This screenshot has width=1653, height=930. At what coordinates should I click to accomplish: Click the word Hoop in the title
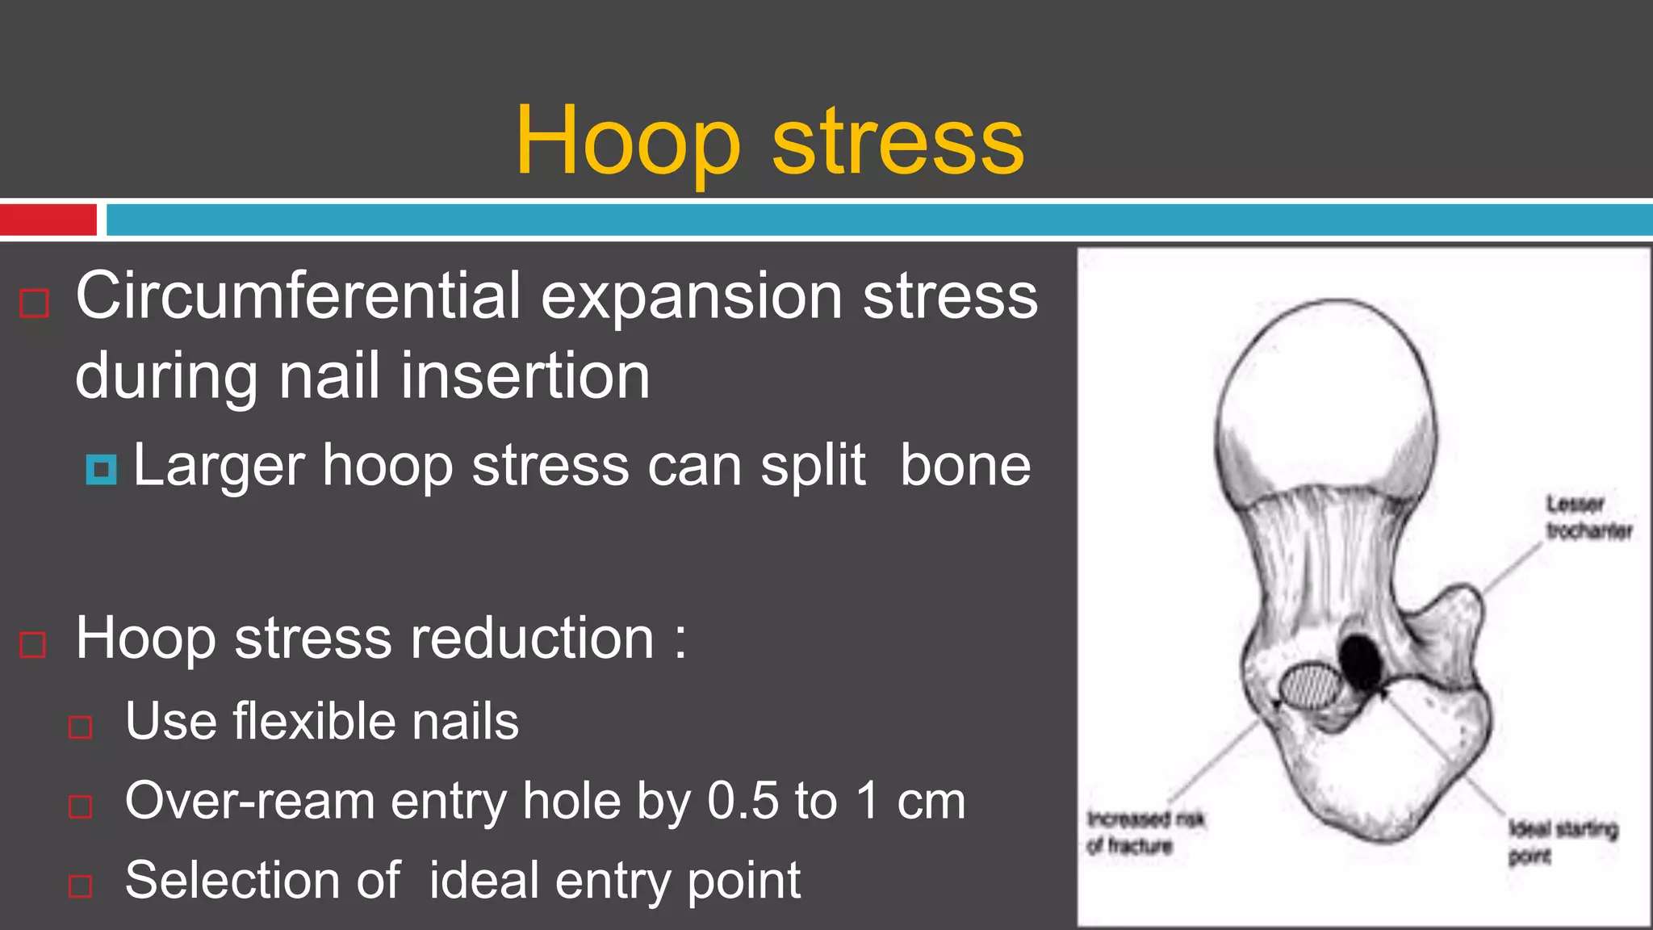[x=628, y=142]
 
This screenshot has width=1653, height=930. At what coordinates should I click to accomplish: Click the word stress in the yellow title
[x=898, y=142]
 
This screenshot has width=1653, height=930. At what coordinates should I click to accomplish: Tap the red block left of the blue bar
[x=48, y=220]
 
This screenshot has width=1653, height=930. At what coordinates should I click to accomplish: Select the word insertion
[x=525, y=376]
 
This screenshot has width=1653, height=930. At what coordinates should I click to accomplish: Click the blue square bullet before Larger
[x=102, y=469]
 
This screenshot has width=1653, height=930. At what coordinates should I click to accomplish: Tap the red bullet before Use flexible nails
[x=81, y=727]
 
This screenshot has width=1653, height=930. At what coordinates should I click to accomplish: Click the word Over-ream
[x=249, y=802]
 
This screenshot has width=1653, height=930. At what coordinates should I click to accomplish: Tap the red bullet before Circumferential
[x=35, y=304]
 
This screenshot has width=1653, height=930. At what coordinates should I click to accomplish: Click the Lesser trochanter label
[x=1588, y=517]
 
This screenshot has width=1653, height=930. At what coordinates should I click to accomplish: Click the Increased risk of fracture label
[x=1145, y=832]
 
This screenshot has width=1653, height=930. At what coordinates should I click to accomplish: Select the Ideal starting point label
[x=1562, y=841]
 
